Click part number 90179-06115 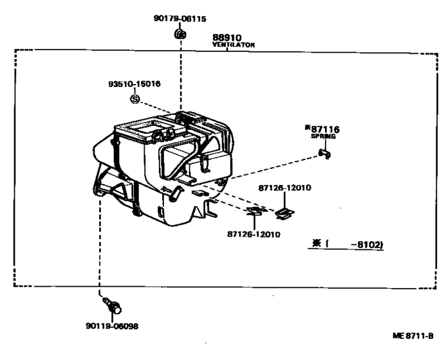180,19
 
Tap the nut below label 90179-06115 180,34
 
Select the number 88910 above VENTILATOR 227,37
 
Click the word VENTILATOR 234,45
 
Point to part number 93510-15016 135,84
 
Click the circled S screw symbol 135,99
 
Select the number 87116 325,130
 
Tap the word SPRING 323,136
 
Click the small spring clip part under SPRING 324,154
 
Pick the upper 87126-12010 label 284,188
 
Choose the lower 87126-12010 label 254,235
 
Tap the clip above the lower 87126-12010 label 256,211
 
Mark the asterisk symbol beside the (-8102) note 316,244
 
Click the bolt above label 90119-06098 113,305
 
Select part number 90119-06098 112,326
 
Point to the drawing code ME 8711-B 413,336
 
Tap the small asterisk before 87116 308,127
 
